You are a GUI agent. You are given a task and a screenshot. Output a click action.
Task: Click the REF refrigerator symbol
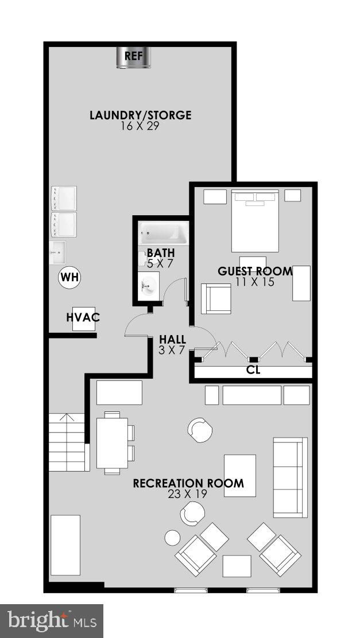[x=134, y=57]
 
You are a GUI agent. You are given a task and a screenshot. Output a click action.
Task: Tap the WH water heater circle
[x=69, y=278]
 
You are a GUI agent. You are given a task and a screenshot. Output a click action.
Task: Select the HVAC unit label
[x=83, y=317]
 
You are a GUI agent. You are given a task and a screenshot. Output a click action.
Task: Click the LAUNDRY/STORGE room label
[x=141, y=115]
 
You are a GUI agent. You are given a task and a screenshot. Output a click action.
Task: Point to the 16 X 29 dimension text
[x=140, y=126]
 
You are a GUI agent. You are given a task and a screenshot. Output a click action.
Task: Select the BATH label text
[x=161, y=253]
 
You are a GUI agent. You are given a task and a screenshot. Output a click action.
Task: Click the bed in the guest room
[x=255, y=220]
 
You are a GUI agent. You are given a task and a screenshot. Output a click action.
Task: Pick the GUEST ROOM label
[x=255, y=271]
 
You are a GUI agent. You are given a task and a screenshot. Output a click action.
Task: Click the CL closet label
[x=253, y=371]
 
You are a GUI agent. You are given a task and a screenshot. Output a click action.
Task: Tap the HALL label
[x=173, y=339]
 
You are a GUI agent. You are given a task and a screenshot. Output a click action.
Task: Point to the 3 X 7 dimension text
[x=173, y=349]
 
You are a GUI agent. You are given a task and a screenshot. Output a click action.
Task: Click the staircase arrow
[x=68, y=417]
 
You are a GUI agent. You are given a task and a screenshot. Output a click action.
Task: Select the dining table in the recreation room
[x=112, y=443]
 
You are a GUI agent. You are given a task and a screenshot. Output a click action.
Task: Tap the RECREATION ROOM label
[x=188, y=484]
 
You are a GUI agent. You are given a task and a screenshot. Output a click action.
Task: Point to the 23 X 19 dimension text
[x=187, y=495]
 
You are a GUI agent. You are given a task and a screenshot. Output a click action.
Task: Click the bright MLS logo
[x=52, y=621]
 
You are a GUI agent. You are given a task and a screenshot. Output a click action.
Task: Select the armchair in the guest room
[x=216, y=299]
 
